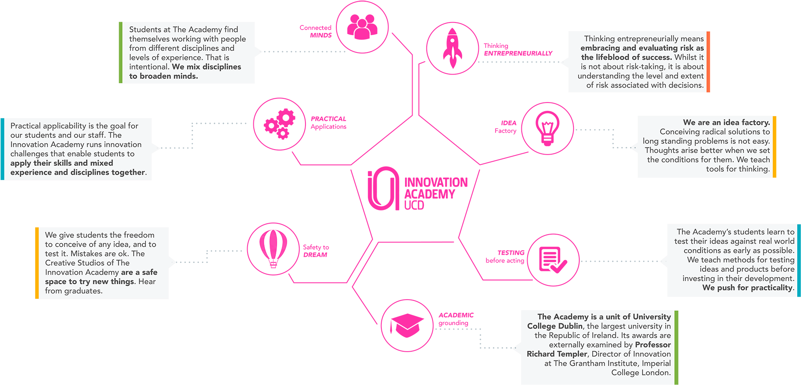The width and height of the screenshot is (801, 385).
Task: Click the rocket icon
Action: [x=452, y=48]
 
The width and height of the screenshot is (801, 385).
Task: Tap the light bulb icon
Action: [x=547, y=128]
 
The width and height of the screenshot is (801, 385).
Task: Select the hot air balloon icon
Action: [x=273, y=249]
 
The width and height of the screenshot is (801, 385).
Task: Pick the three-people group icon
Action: [x=362, y=27]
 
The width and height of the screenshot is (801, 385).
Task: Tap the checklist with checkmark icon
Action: [x=553, y=260]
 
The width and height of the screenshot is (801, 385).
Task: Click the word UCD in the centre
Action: [x=414, y=205]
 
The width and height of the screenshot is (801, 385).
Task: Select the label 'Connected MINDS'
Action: [x=316, y=31]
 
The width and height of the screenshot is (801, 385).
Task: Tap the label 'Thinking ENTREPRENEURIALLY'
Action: [x=518, y=50]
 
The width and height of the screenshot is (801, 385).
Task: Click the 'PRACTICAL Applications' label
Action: [x=328, y=122]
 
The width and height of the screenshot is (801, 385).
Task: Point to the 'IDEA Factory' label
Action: [x=506, y=127]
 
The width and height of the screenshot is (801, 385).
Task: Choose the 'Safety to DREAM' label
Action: [x=315, y=251]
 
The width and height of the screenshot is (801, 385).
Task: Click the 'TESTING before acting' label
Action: [x=505, y=256]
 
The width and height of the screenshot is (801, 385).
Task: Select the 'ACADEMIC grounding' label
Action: [x=456, y=319]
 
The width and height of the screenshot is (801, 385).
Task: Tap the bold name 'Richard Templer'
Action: [x=557, y=354]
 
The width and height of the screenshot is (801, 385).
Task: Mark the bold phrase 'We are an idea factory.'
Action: [x=726, y=122]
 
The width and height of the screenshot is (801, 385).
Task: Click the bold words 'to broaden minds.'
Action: [x=163, y=76]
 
